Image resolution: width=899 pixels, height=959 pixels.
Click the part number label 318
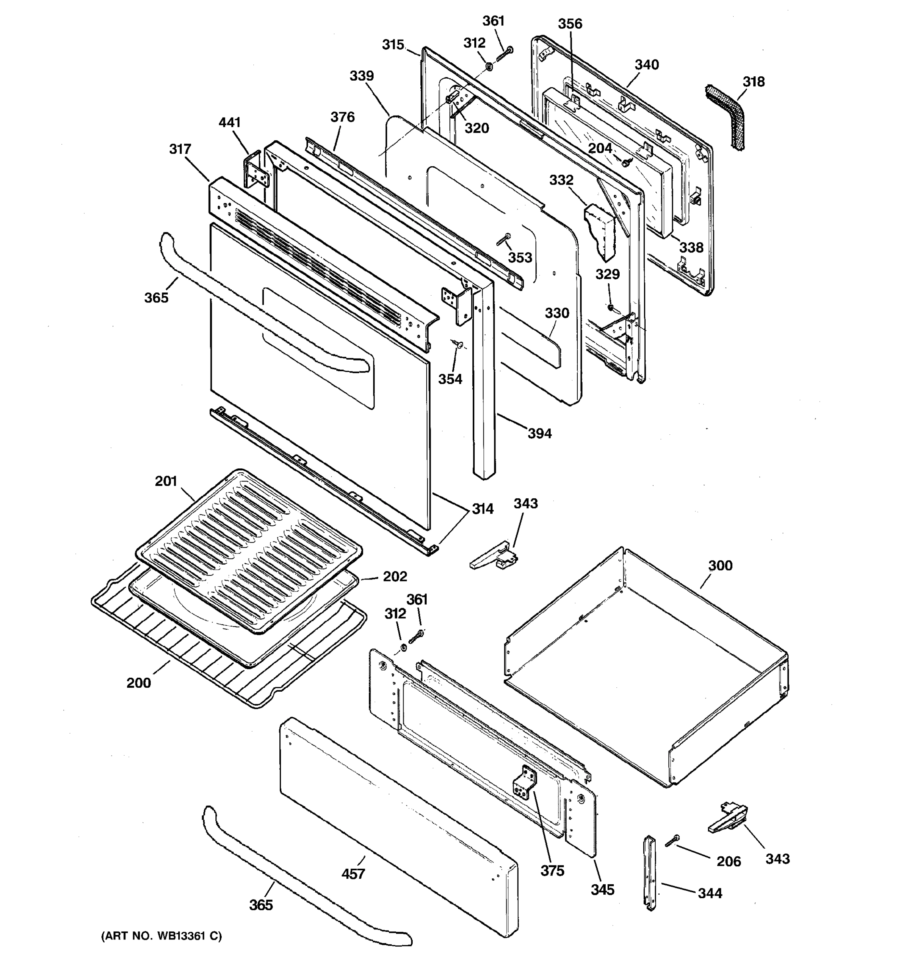753,82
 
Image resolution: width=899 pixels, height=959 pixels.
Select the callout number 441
230,123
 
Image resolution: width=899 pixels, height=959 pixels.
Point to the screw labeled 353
503,239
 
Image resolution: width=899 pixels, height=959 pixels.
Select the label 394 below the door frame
539,434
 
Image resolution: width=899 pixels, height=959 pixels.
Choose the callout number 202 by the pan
395,577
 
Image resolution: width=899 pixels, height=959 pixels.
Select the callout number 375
552,871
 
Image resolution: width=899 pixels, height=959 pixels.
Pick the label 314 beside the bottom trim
482,509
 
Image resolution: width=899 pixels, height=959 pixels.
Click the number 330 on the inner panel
557,313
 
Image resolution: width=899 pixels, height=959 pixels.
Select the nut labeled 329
610,307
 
